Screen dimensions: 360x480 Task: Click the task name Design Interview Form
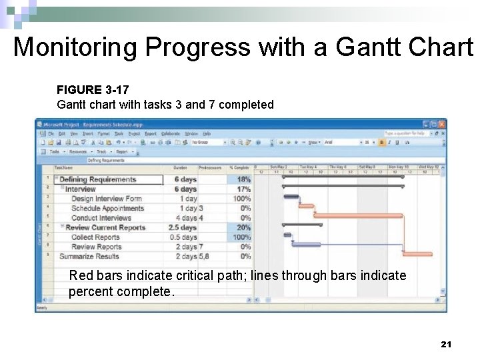click(x=107, y=199)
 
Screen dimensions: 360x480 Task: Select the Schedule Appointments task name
click(x=107, y=208)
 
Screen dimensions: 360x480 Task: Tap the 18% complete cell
click(x=243, y=179)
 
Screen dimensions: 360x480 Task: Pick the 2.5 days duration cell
click(x=182, y=227)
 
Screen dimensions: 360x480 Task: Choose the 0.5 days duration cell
click(x=183, y=237)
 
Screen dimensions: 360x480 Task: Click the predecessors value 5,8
click(x=203, y=256)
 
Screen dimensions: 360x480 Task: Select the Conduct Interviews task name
click(x=101, y=218)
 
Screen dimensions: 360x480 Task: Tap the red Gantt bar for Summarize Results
click(x=418, y=254)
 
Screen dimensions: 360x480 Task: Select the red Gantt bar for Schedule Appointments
click(x=306, y=206)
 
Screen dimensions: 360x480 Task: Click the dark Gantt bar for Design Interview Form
click(x=291, y=197)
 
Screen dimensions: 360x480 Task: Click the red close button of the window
click(x=441, y=124)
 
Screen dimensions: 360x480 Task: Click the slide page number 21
click(x=447, y=344)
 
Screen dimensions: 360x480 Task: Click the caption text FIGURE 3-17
click(x=93, y=89)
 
